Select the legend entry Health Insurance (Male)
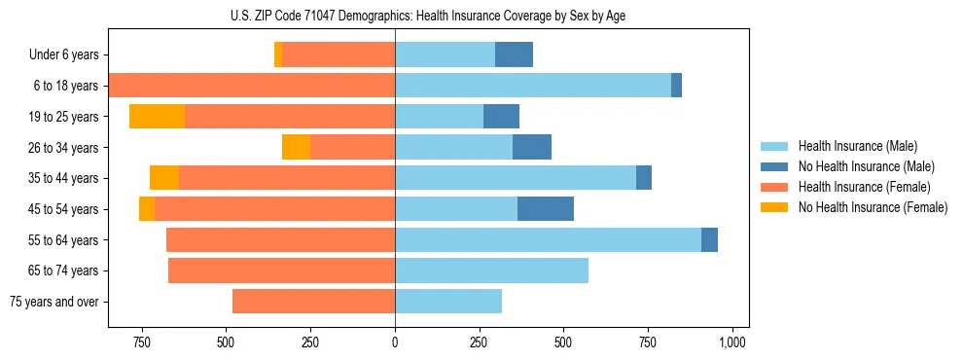coord(857,146)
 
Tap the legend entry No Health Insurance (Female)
coord(873,207)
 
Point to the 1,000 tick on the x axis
coord(731,342)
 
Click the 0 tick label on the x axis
coord(395,342)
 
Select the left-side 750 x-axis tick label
coord(142,342)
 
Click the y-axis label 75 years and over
coord(54,302)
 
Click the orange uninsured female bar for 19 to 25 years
coord(157,116)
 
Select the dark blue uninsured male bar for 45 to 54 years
coord(546,209)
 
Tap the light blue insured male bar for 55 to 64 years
coord(548,239)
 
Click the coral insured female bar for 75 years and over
coord(313,302)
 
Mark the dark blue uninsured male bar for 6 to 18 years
coord(676,86)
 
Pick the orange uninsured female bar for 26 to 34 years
coord(296,147)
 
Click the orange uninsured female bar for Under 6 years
coord(278,54)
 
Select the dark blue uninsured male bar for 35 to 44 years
coord(644,178)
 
